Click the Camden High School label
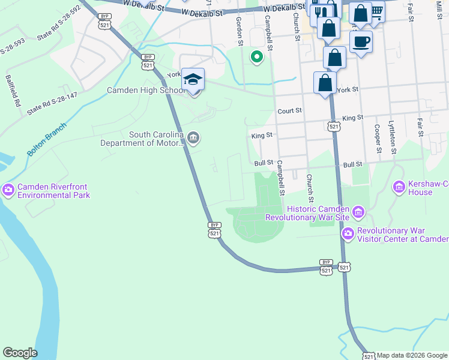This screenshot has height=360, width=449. point(145,91)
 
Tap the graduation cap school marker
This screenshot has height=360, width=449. point(193,80)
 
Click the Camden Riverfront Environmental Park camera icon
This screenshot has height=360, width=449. point(8,190)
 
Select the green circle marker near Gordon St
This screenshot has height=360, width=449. point(257,57)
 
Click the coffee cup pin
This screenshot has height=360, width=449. point(361,42)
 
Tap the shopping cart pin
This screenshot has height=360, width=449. point(376,11)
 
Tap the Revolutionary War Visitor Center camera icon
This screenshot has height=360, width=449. point(348,233)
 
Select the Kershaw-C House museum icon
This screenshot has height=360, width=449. point(399,188)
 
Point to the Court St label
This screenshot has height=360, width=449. point(289,112)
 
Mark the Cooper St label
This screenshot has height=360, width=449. point(377,138)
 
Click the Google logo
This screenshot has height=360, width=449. point(20,353)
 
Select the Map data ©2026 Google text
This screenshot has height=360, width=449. point(412,355)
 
